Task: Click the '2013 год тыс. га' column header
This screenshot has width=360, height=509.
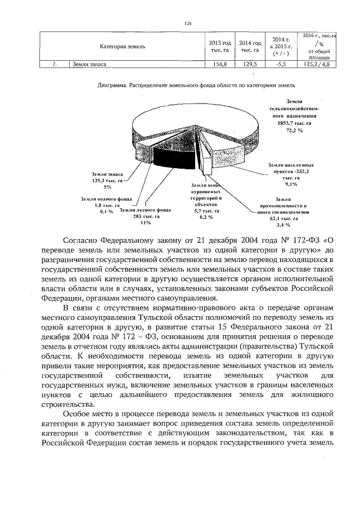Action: click(220, 47)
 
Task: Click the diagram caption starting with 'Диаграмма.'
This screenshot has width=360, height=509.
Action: click(196, 86)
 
